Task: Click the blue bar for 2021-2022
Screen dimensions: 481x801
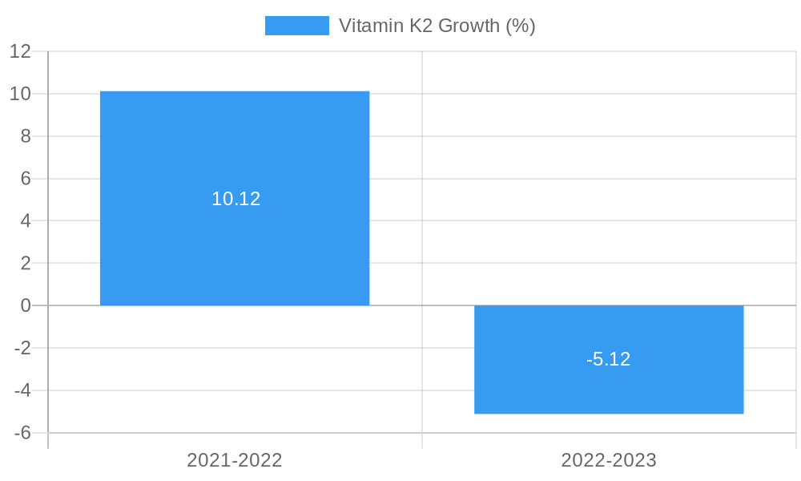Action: (x=235, y=144)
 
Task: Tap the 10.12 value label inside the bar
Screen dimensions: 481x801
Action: (x=235, y=199)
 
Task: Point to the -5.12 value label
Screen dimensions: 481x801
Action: (x=609, y=359)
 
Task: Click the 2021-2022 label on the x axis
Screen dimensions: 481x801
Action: (x=235, y=460)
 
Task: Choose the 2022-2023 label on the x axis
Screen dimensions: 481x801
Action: (x=609, y=460)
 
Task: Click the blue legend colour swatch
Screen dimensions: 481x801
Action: (x=296, y=26)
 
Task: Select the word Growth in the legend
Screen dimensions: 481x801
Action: (x=469, y=26)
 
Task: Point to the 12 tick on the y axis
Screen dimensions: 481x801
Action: (x=20, y=51)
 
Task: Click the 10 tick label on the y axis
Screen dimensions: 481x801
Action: (x=20, y=94)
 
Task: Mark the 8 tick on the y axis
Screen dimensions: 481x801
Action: (x=26, y=136)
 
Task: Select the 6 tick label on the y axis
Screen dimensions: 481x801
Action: (x=26, y=178)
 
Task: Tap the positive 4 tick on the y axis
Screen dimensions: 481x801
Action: (x=26, y=220)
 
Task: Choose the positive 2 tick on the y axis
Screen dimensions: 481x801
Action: (x=26, y=263)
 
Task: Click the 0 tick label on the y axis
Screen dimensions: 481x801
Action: (x=26, y=305)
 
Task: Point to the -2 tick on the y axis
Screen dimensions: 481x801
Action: (x=22, y=348)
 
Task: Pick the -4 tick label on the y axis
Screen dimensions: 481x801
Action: (x=22, y=390)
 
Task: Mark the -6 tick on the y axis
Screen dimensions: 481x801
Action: (x=22, y=433)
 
